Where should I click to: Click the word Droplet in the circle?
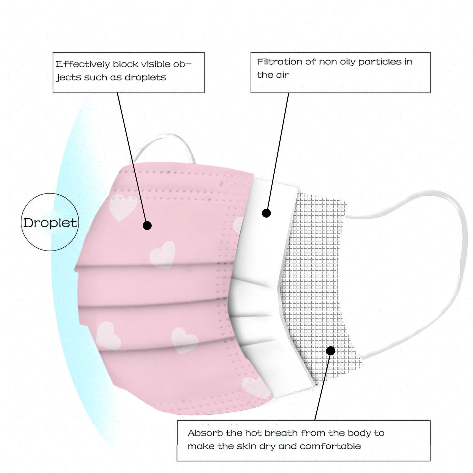[50, 223]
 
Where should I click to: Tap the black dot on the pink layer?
[147, 226]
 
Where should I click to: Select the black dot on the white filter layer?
[266, 213]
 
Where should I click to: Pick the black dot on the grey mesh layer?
[331, 351]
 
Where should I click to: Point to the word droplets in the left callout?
[145, 77]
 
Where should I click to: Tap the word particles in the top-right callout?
[380, 62]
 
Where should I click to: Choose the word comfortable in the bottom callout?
[330, 446]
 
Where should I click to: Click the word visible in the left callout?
[155, 64]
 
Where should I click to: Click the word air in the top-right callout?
[282, 75]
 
